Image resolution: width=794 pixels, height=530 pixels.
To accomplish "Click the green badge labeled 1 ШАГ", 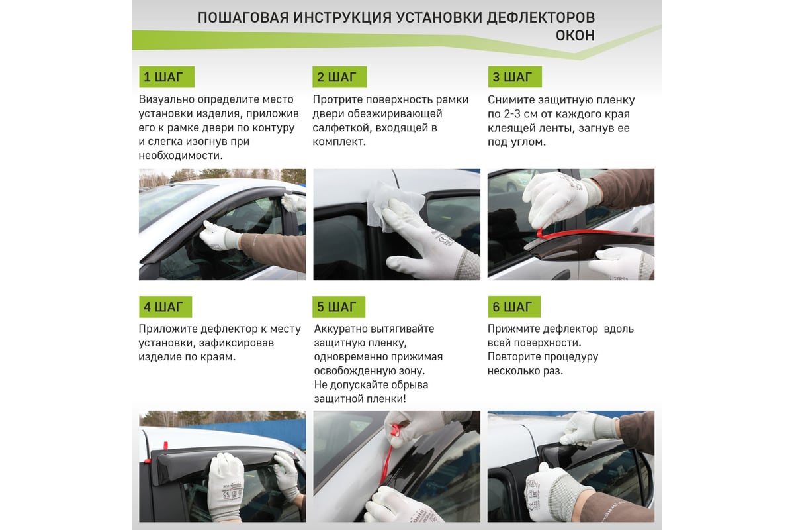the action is click(x=167, y=77).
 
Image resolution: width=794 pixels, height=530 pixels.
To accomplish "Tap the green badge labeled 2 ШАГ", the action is click(x=339, y=77).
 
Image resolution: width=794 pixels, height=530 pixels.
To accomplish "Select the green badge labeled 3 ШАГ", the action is click(x=515, y=77).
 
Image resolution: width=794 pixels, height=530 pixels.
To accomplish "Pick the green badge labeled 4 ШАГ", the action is click(x=165, y=307).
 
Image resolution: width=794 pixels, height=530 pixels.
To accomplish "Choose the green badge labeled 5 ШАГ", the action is click(x=339, y=307).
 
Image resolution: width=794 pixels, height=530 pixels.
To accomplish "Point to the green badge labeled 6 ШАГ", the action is click(x=514, y=307).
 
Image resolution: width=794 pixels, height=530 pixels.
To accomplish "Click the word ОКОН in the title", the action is click(x=575, y=36).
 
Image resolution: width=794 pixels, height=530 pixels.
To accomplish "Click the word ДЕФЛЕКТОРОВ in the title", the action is click(x=541, y=17).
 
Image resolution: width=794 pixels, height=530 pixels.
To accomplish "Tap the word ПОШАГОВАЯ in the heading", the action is click(x=243, y=17).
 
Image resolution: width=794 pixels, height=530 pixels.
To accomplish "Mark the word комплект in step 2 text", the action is click(x=339, y=142).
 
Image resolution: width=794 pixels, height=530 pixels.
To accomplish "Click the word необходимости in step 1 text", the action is click(x=181, y=156).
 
